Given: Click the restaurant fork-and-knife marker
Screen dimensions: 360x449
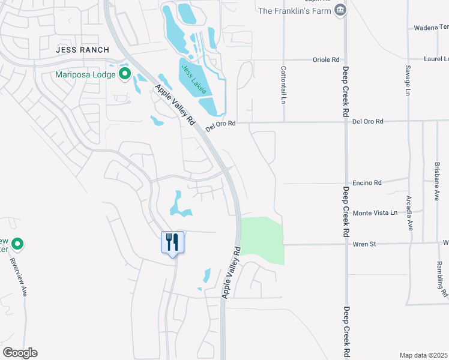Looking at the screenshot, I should point(172,242).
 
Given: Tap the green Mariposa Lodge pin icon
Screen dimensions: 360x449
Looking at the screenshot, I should point(125,75).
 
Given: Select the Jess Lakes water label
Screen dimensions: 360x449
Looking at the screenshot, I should point(194,80).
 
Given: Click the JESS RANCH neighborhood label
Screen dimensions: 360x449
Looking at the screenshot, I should point(83,50).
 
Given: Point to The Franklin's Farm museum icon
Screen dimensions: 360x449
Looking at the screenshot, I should point(341,10).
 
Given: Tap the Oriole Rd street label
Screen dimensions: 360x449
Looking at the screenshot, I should point(327,59).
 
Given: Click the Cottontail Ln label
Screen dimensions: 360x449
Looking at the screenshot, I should point(283,85).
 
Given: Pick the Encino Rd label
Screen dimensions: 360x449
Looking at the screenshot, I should point(367,182).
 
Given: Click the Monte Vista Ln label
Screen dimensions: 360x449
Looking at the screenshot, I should point(375,213).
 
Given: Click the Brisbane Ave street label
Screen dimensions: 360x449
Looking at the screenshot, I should point(436,181).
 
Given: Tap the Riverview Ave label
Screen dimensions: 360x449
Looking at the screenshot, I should point(19,277).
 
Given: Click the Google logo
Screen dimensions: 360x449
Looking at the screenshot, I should point(20,353).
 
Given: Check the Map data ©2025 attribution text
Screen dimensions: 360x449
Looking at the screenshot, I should point(424,355).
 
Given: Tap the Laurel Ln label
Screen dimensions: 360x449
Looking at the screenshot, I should point(436,59).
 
